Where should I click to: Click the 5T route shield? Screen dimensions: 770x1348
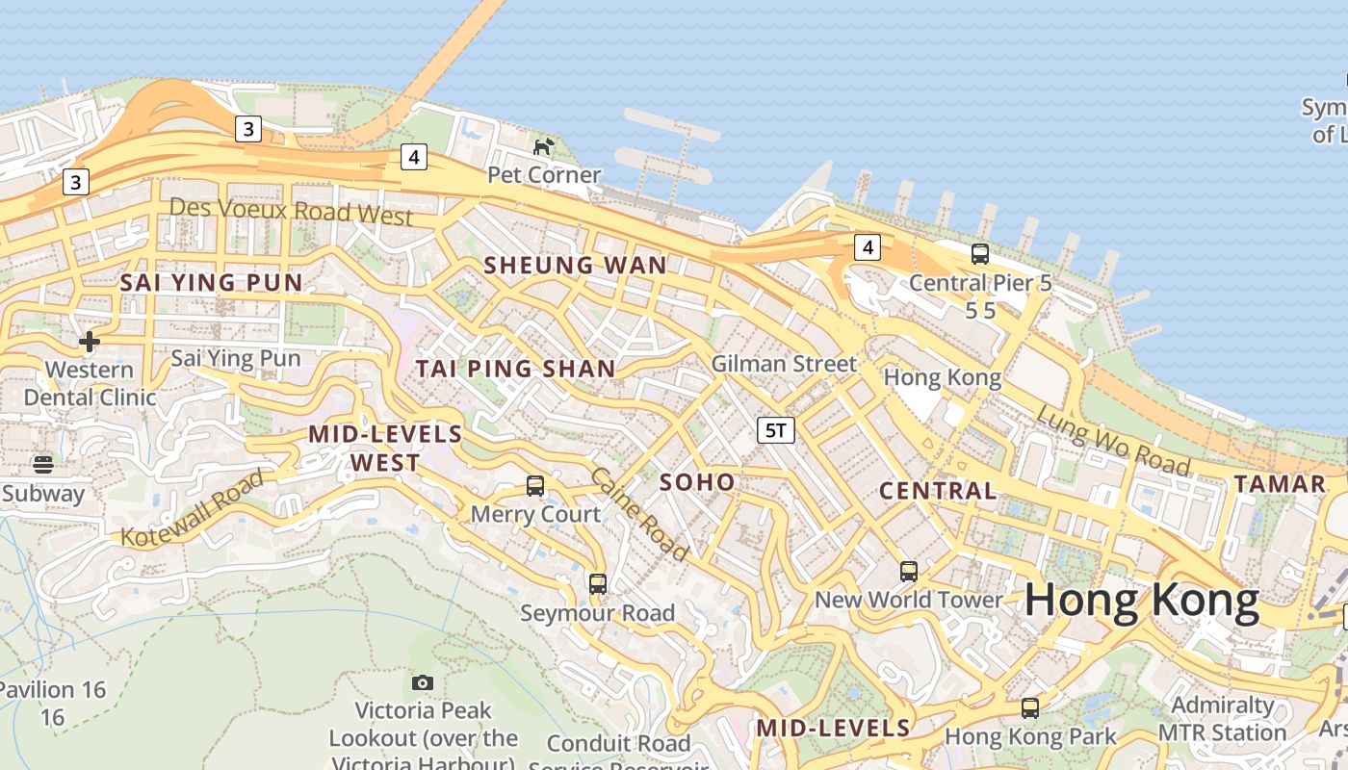click(x=776, y=430)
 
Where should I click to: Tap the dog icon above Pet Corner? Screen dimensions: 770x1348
click(x=544, y=146)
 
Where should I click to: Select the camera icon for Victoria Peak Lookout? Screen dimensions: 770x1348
click(x=423, y=682)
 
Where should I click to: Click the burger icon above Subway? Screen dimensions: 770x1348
click(x=42, y=465)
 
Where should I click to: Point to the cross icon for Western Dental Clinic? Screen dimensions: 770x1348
click(x=90, y=342)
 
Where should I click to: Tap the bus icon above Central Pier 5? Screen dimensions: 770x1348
click(x=980, y=254)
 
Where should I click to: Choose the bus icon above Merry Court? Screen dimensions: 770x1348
click(x=535, y=486)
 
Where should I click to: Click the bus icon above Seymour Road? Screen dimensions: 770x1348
click(x=598, y=583)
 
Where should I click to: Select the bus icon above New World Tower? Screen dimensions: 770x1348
click(x=909, y=572)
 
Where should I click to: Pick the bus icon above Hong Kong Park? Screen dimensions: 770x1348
click(x=1030, y=708)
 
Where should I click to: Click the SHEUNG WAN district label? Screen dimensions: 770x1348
click(x=575, y=266)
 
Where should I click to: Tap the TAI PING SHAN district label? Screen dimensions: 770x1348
click(x=515, y=369)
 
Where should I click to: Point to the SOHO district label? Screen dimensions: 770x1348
click(x=697, y=482)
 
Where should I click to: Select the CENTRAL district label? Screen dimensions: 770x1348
click(x=938, y=491)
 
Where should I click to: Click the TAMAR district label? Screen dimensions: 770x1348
click(x=1280, y=484)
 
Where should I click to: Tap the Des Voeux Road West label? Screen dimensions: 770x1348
click(x=291, y=211)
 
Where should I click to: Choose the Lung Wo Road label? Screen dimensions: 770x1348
click(x=1112, y=440)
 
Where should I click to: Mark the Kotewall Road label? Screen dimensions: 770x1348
click(x=193, y=508)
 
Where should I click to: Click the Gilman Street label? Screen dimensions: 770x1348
click(x=784, y=364)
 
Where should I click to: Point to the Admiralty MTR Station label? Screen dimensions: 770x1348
click(x=1222, y=719)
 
